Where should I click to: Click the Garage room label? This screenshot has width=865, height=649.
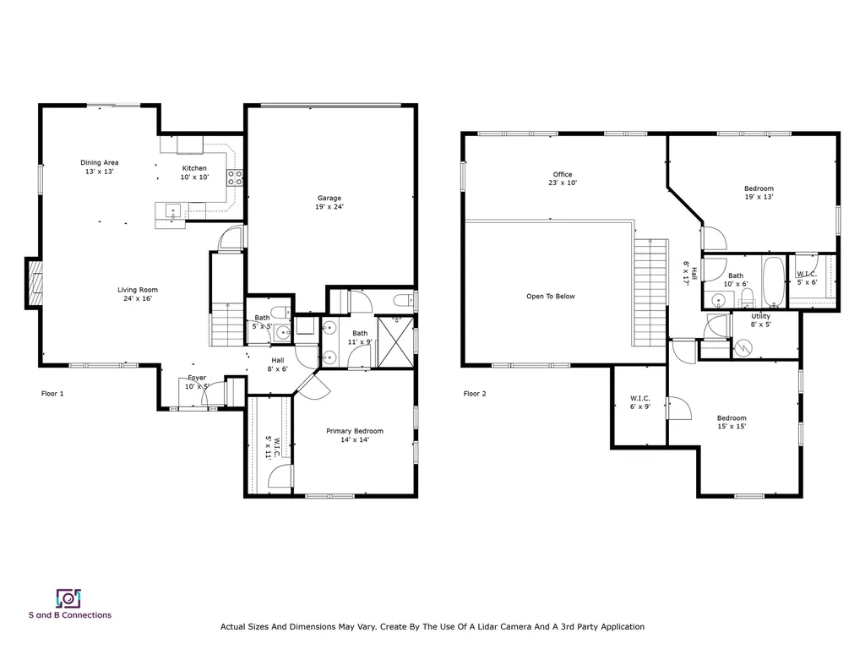click(x=329, y=202)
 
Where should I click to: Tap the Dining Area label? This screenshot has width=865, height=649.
click(x=99, y=166)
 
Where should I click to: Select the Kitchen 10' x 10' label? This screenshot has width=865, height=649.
click(x=194, y=172)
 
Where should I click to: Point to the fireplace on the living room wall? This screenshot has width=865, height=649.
click(x=35, y=283)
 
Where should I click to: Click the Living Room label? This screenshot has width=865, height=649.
click(x=138, y=294)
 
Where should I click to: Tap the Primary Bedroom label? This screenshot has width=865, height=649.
click(x=355, y=435)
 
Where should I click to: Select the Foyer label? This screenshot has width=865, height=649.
click(x=197, y=382)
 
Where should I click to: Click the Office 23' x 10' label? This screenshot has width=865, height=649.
click(x=563, y=178)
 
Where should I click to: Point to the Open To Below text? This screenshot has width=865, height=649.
click(x=551, y=297)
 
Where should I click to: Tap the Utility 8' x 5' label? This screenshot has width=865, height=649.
click(x=760, y=320)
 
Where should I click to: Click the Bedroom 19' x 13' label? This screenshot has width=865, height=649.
click(x=759, y=193)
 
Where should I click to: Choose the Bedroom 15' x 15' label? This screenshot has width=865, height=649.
click(x=732, y=423)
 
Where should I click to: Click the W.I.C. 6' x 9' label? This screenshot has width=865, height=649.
click(x=639, y=402)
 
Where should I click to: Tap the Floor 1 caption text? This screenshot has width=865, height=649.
click(x=52, y=394)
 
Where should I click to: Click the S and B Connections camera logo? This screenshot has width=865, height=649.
click(x=68, y=598)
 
